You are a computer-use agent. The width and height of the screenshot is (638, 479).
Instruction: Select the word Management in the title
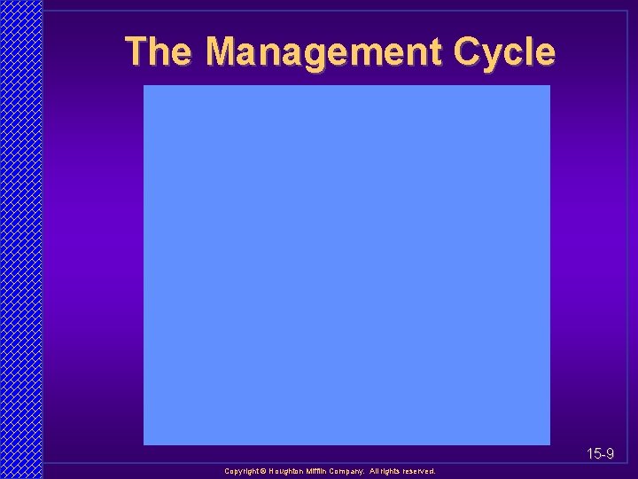click(x=323, y=53)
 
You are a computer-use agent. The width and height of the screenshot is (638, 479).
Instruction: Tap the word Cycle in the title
click(x=504, y=53)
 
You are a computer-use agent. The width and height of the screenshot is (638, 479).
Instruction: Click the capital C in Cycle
click(x=467, y=51)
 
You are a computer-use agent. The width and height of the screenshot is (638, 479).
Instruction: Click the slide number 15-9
click(x=600, y=454)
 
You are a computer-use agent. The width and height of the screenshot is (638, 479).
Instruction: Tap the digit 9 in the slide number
click(x=610, y=454)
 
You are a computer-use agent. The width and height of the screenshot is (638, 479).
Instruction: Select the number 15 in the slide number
click(x=593, y=454)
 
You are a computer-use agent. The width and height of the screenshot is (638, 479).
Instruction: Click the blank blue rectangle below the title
click(x=346, y=264)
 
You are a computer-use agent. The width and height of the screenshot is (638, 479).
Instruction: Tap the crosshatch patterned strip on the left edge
click(x=20, y=239)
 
